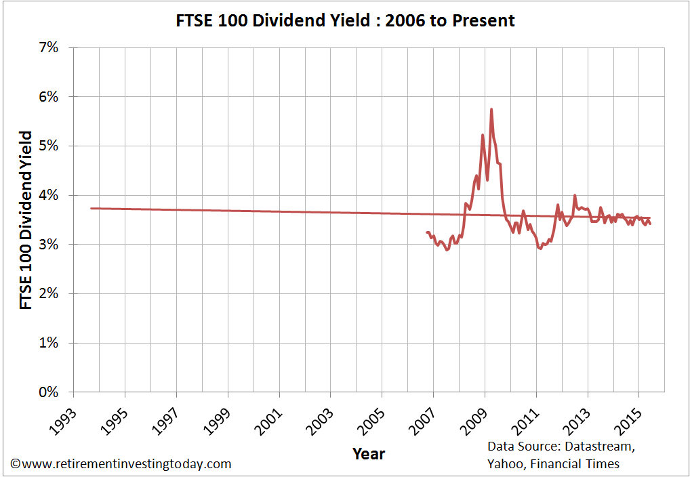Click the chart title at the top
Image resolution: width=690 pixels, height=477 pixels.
coord(345,20)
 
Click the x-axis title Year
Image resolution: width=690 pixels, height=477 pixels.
coord(369,453)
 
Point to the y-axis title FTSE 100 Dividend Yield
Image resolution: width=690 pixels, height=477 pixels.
coord(26,220)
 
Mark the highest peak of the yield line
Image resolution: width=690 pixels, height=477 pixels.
coord(491,109)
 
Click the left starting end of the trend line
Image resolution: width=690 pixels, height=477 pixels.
coord(92,208)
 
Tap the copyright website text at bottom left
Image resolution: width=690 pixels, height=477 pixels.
coord(121,464)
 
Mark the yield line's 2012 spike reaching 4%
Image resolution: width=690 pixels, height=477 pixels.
coord(575,195)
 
